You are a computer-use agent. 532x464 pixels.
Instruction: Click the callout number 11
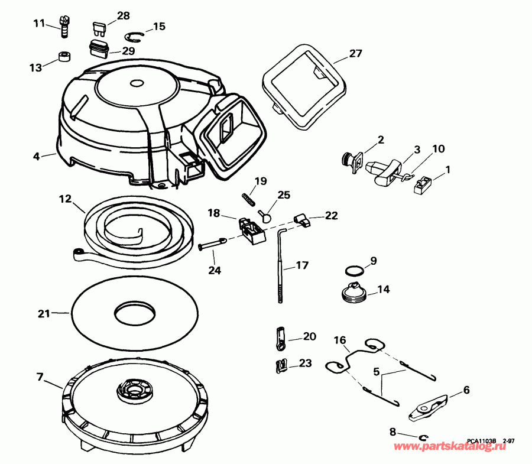pos(38,24)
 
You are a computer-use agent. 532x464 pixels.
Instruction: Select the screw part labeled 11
pos(64,26)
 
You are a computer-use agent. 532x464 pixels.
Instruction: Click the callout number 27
pos(355,53)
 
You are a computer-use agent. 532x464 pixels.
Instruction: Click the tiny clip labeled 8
pos(423,437)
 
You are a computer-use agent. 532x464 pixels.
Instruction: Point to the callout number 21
pos(43,313)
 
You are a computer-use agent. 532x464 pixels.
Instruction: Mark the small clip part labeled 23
pos(282,365)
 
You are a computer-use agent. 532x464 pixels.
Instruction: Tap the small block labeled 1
pos(424,184)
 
